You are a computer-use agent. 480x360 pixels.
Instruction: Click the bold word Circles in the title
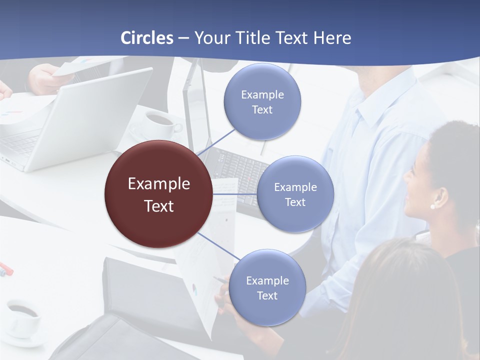pos(147,38)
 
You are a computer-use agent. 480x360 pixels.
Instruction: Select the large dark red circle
pos(158,194)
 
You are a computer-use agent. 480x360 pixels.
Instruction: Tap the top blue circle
pos(262,101)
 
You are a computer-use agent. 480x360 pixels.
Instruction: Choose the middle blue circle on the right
pos(295,194)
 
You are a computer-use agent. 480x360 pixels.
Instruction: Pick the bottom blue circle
pos(267,287)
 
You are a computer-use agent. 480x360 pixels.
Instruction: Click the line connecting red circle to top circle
pos(216,141)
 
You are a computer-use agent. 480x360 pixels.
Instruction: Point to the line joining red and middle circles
pos(235,194)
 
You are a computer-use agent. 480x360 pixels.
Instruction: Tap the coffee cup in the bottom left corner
pos(22,317)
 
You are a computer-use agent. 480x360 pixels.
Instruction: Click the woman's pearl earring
pos(432,206)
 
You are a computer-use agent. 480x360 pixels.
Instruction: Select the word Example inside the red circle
pos(158,184)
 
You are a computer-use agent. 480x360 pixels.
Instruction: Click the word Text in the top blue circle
pos(262,110)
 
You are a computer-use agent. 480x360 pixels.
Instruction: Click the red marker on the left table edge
pos(6,268)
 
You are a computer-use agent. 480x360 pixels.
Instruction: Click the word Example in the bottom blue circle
pos(267,280)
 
